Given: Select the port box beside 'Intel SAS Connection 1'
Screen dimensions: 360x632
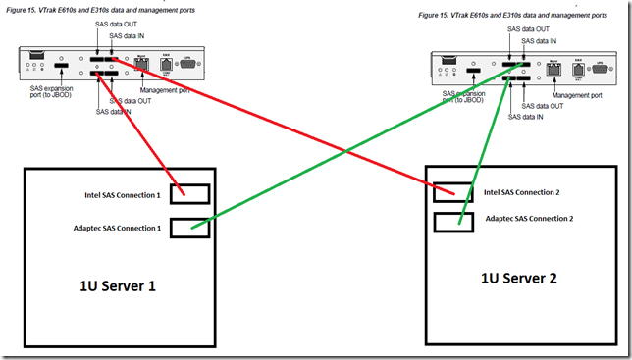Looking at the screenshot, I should tap(189, 194).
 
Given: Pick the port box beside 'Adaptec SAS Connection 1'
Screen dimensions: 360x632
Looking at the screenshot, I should tap(189, 228).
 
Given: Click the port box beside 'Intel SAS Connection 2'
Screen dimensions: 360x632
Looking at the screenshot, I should tap(454, 193).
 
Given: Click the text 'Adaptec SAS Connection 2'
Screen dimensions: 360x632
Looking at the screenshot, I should tap(530, 218).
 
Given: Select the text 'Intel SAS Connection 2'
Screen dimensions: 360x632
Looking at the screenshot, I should tap(524, 192).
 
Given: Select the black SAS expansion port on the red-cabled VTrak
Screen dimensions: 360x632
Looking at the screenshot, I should tap(61, 71).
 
